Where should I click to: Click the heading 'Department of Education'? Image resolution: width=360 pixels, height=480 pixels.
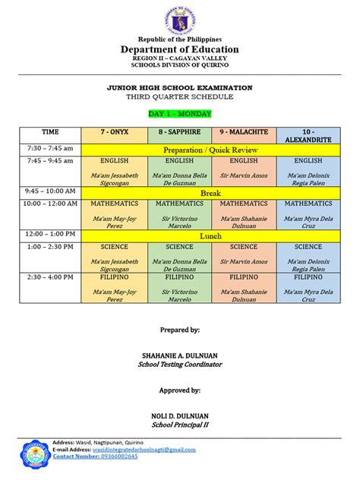pyautogui.click(x=179, y=49)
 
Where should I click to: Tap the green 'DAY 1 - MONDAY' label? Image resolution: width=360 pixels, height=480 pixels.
pyautogui.click(x=180, y=114)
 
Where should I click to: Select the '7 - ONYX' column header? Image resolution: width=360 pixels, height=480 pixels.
pyautogui.click(x=115, y=132)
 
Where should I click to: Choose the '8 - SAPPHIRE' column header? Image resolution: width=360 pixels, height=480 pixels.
pyautogui.click(x=179, y=132)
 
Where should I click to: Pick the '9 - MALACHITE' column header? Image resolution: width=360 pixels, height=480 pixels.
pyautogui.click(x=244, y=132)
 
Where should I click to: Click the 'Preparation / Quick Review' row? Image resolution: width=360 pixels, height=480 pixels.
pyautogui.click(x=211, y=150)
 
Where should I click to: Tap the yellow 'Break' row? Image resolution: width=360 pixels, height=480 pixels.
pyautogui.click(x=211, y=194)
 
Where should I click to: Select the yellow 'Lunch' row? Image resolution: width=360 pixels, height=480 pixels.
pyautogui.click(x=211, y=236)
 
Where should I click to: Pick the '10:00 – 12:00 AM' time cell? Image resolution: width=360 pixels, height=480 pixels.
pyautogui.click(x=50, y=204)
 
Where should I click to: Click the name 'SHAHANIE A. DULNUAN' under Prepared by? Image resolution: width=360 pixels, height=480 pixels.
pyautogui.click(x=180, y=355)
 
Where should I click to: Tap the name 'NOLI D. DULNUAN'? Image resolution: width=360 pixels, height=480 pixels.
pyautogui.click(x=180, y=415)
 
